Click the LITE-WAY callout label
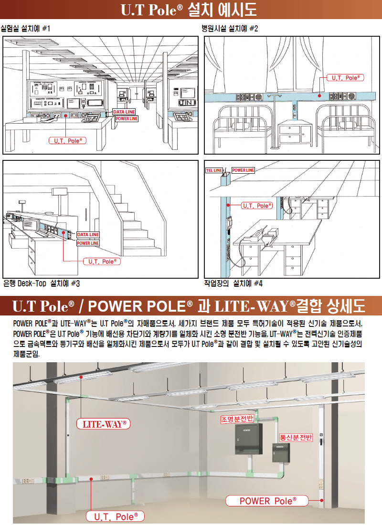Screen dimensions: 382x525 (x=103, y=424)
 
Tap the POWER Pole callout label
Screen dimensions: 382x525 (x=267, y=501)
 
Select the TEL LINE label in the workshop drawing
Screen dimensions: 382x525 (x=214, y=170)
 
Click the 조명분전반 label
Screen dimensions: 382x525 (x=237, y=419)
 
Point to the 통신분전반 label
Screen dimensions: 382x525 (x=296, y=437)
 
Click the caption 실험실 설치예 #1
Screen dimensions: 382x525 (x=25, y=29)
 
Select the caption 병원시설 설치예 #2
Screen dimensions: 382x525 (x=230, y=29)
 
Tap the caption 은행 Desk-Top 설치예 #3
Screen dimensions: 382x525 (x=42, y=283)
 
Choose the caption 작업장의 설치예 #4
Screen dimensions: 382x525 (x=233, y=283)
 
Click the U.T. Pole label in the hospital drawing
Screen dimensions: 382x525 (x=346, y=78)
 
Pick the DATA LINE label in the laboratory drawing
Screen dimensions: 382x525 (x=124, y=112)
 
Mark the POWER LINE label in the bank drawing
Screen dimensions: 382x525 (x=88, y=243)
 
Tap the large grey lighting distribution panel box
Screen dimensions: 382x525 (x=248, y=439)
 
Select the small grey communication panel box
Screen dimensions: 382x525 (x=280, y=452)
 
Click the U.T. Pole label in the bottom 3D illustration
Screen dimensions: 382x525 (x=115, y=516)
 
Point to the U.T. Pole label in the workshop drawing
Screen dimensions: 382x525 (x=257, y=206)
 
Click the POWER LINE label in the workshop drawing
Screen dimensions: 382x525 (x=243, y=170)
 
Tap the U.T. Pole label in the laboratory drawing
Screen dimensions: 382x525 (x=68, y=141)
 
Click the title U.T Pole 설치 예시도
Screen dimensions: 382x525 (x=189, y=10)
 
